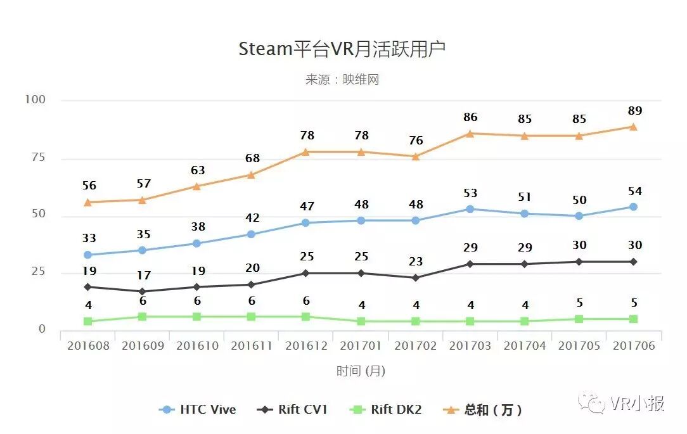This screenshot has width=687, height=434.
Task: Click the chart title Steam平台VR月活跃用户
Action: (x=342, y=49)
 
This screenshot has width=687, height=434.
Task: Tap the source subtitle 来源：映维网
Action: (x=342, y=80)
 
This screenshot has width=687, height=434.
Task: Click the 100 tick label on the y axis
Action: (x=35, y=99)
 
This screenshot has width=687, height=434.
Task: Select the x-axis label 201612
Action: (x=306, y=346)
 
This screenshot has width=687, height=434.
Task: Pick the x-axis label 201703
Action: (x=470, y=346)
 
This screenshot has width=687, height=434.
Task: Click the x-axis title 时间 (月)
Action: (x=361, y=371)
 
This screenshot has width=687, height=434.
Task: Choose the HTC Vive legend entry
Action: (x=198, y=410)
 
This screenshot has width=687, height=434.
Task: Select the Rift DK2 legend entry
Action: (x=386, y=410)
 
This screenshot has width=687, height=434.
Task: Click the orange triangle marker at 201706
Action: (x=633, y=127)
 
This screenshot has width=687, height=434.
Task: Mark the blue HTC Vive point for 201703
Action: (x=470, y=209)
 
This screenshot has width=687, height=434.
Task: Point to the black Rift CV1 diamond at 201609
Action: (x=143, y=291)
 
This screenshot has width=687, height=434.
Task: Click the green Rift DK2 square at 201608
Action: (x=88, y=321)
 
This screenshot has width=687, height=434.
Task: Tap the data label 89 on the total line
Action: (x=634, y=112)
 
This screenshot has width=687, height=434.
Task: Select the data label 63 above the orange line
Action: (x=198, y=170)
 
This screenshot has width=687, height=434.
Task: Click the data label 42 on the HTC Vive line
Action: (x=252, y=219)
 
